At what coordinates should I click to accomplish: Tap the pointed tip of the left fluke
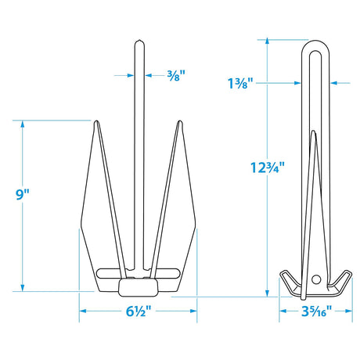96,121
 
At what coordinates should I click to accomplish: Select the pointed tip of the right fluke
180,121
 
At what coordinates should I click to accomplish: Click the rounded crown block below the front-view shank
138,288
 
